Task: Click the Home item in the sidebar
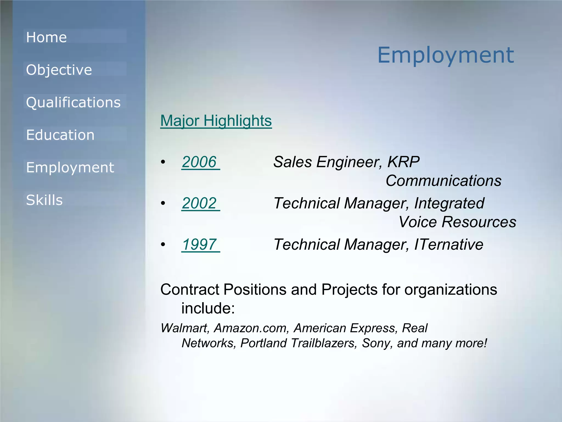[x=46, y=37]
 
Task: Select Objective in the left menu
[x=59, y=70]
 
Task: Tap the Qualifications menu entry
[x=73, y=102]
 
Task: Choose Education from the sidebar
[x=60, y=135]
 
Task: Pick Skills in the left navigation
[x=44, y=200]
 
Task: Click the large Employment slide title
[x=446, y=55]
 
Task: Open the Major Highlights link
[x=216, y=121]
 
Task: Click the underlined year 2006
[x=199, y=162]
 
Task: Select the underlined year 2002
[x=199, y=203]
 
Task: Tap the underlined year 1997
[x=199, y=245]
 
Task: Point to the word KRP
[x=403, y=162]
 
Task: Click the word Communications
[x=443, y=181]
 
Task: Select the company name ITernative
[x=448, y=245]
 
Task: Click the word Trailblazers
[x=324, y=343]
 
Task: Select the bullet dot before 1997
[x=163, y=245]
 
